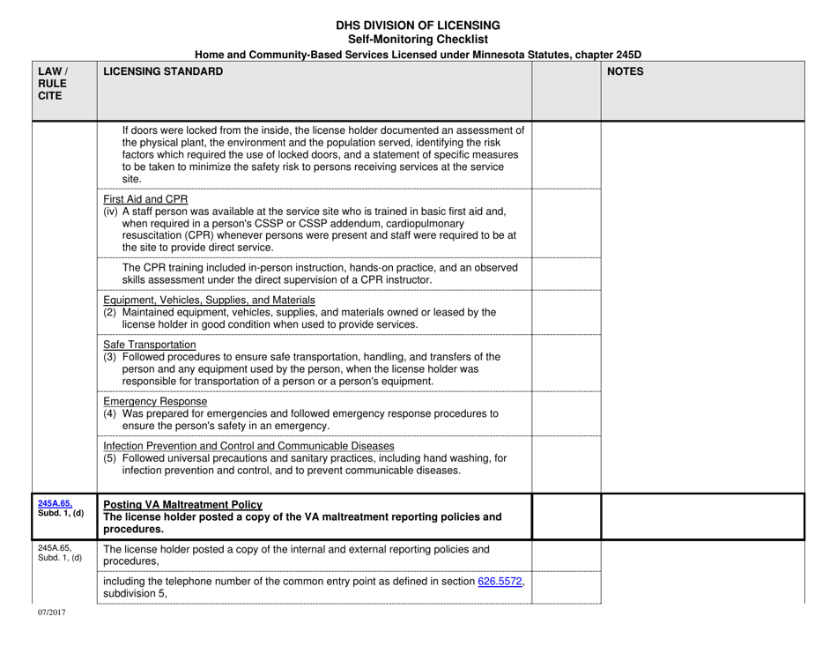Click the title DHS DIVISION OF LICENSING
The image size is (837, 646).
click(x=418, y=25)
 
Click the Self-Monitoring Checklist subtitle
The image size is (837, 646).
click(x=418, y=40)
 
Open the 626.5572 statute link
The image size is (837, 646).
click(x=499, y=581)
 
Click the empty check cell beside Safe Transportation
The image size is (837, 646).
click(x=567, y=362)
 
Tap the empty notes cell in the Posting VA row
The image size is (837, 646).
click(x=702, y=516)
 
